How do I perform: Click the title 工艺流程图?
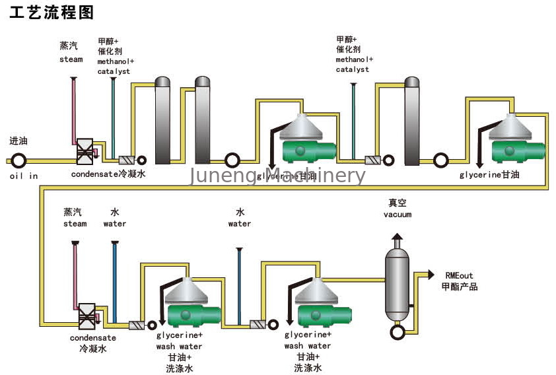pyautogui.click(x=52, y=13)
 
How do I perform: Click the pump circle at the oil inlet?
pyautogui.click(x=18, y=160)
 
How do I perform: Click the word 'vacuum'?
pyautogui.click(x=398, y=215)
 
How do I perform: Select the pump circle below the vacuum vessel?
pyautogui.click(x=398, y=329)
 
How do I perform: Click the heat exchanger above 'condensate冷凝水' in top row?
pyautogui.click(x=85, y=152)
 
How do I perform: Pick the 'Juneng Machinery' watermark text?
pyautogui.click(x=277, y=176)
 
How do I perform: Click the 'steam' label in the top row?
pyautogui.click(x=71, y=59)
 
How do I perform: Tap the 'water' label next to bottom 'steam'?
pyautogui.click(x=114, y=224)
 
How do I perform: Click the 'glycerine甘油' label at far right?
pyautogui.click(x=490, y=175)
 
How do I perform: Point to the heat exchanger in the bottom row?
pyautogui.click(x=85, y=316)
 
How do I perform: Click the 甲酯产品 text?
pyautogui.click(x=460, y=287)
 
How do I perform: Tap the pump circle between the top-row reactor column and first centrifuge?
pyautogui.click(x=232, y=160)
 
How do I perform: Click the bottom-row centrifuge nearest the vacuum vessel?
pyautogui.click(x=318, y=303)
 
